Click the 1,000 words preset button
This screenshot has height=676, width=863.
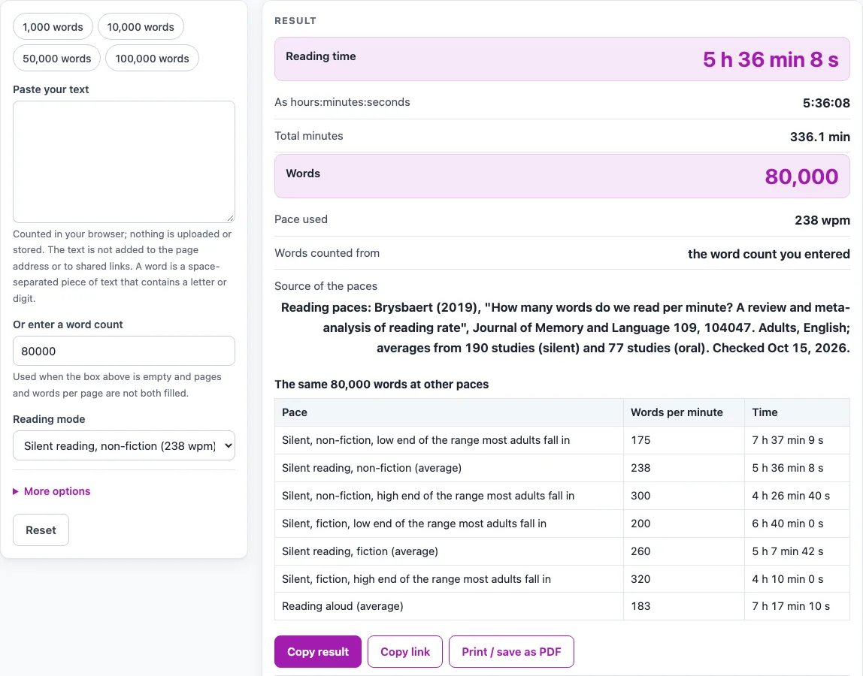click(53, 27)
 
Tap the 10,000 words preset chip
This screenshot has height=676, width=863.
click(141, 27)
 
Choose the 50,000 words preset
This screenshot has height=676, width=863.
click(56, 59)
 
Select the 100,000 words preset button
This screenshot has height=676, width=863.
click(152, 59)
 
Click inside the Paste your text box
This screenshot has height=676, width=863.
click(124, 161)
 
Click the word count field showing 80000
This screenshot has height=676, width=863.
click(124, 351)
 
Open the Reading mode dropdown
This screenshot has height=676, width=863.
click(124, 445)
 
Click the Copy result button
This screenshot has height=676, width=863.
click(318, 652)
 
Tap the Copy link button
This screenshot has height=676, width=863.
click(405, 652)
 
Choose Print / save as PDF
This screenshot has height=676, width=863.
click(511, 652)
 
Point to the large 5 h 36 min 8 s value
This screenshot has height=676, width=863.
click(771, 59)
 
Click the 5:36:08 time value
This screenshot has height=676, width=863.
click(826, 103)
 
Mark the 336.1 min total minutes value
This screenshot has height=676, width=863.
click(820, 137)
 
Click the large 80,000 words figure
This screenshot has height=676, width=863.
click(802, 177)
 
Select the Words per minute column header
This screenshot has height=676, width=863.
click(677, 412)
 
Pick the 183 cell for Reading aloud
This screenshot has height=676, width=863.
click(640, 606)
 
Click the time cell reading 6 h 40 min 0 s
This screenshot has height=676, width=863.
click(788, 524)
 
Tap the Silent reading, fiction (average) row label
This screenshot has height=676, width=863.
click(360, 551)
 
